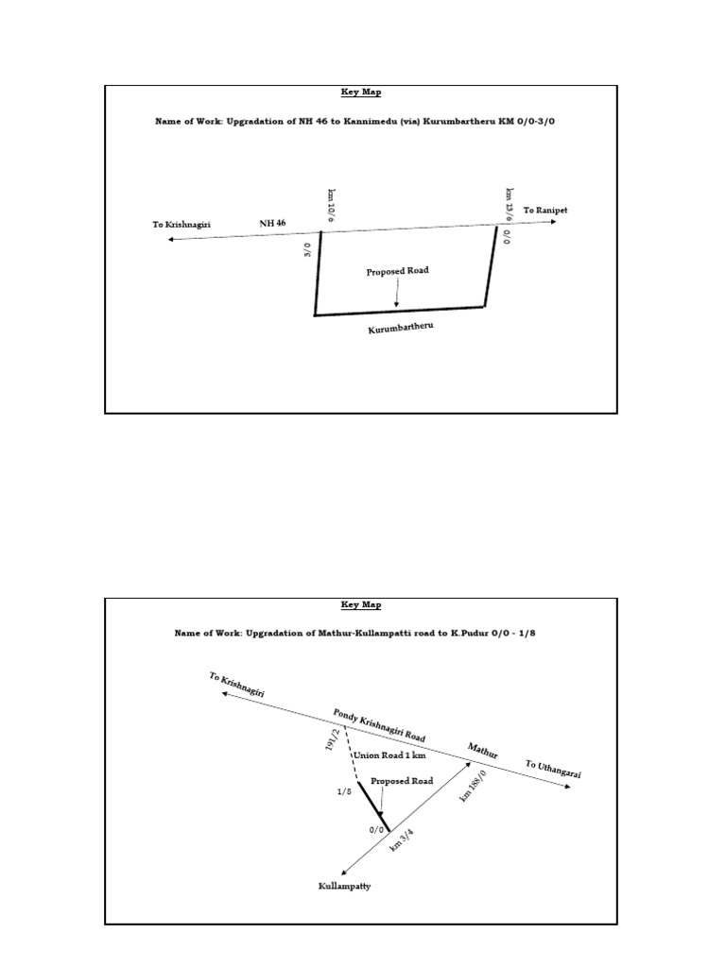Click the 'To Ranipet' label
pyautogui.click(x=544, y=210)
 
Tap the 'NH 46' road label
pyautogui.click(x=273, y=224)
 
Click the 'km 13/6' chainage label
pyautogui.click(x=510, y=202)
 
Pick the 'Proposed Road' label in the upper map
pyautogui.click(x=397, y=271)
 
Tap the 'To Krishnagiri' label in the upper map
pyautogui.click(x=181, y=225)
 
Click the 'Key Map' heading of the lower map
pyautogui.click(x=361, y=604)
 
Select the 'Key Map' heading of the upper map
pyautogui.click(x=361, y=93)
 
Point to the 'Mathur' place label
pyautogui.click(x=483, y=752)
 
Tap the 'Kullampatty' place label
pyautogui.click(x=344, y=887)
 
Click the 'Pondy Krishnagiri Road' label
pyautogui.click(x=379, y=724)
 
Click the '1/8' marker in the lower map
pyautogui.click(x=344, y=792)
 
